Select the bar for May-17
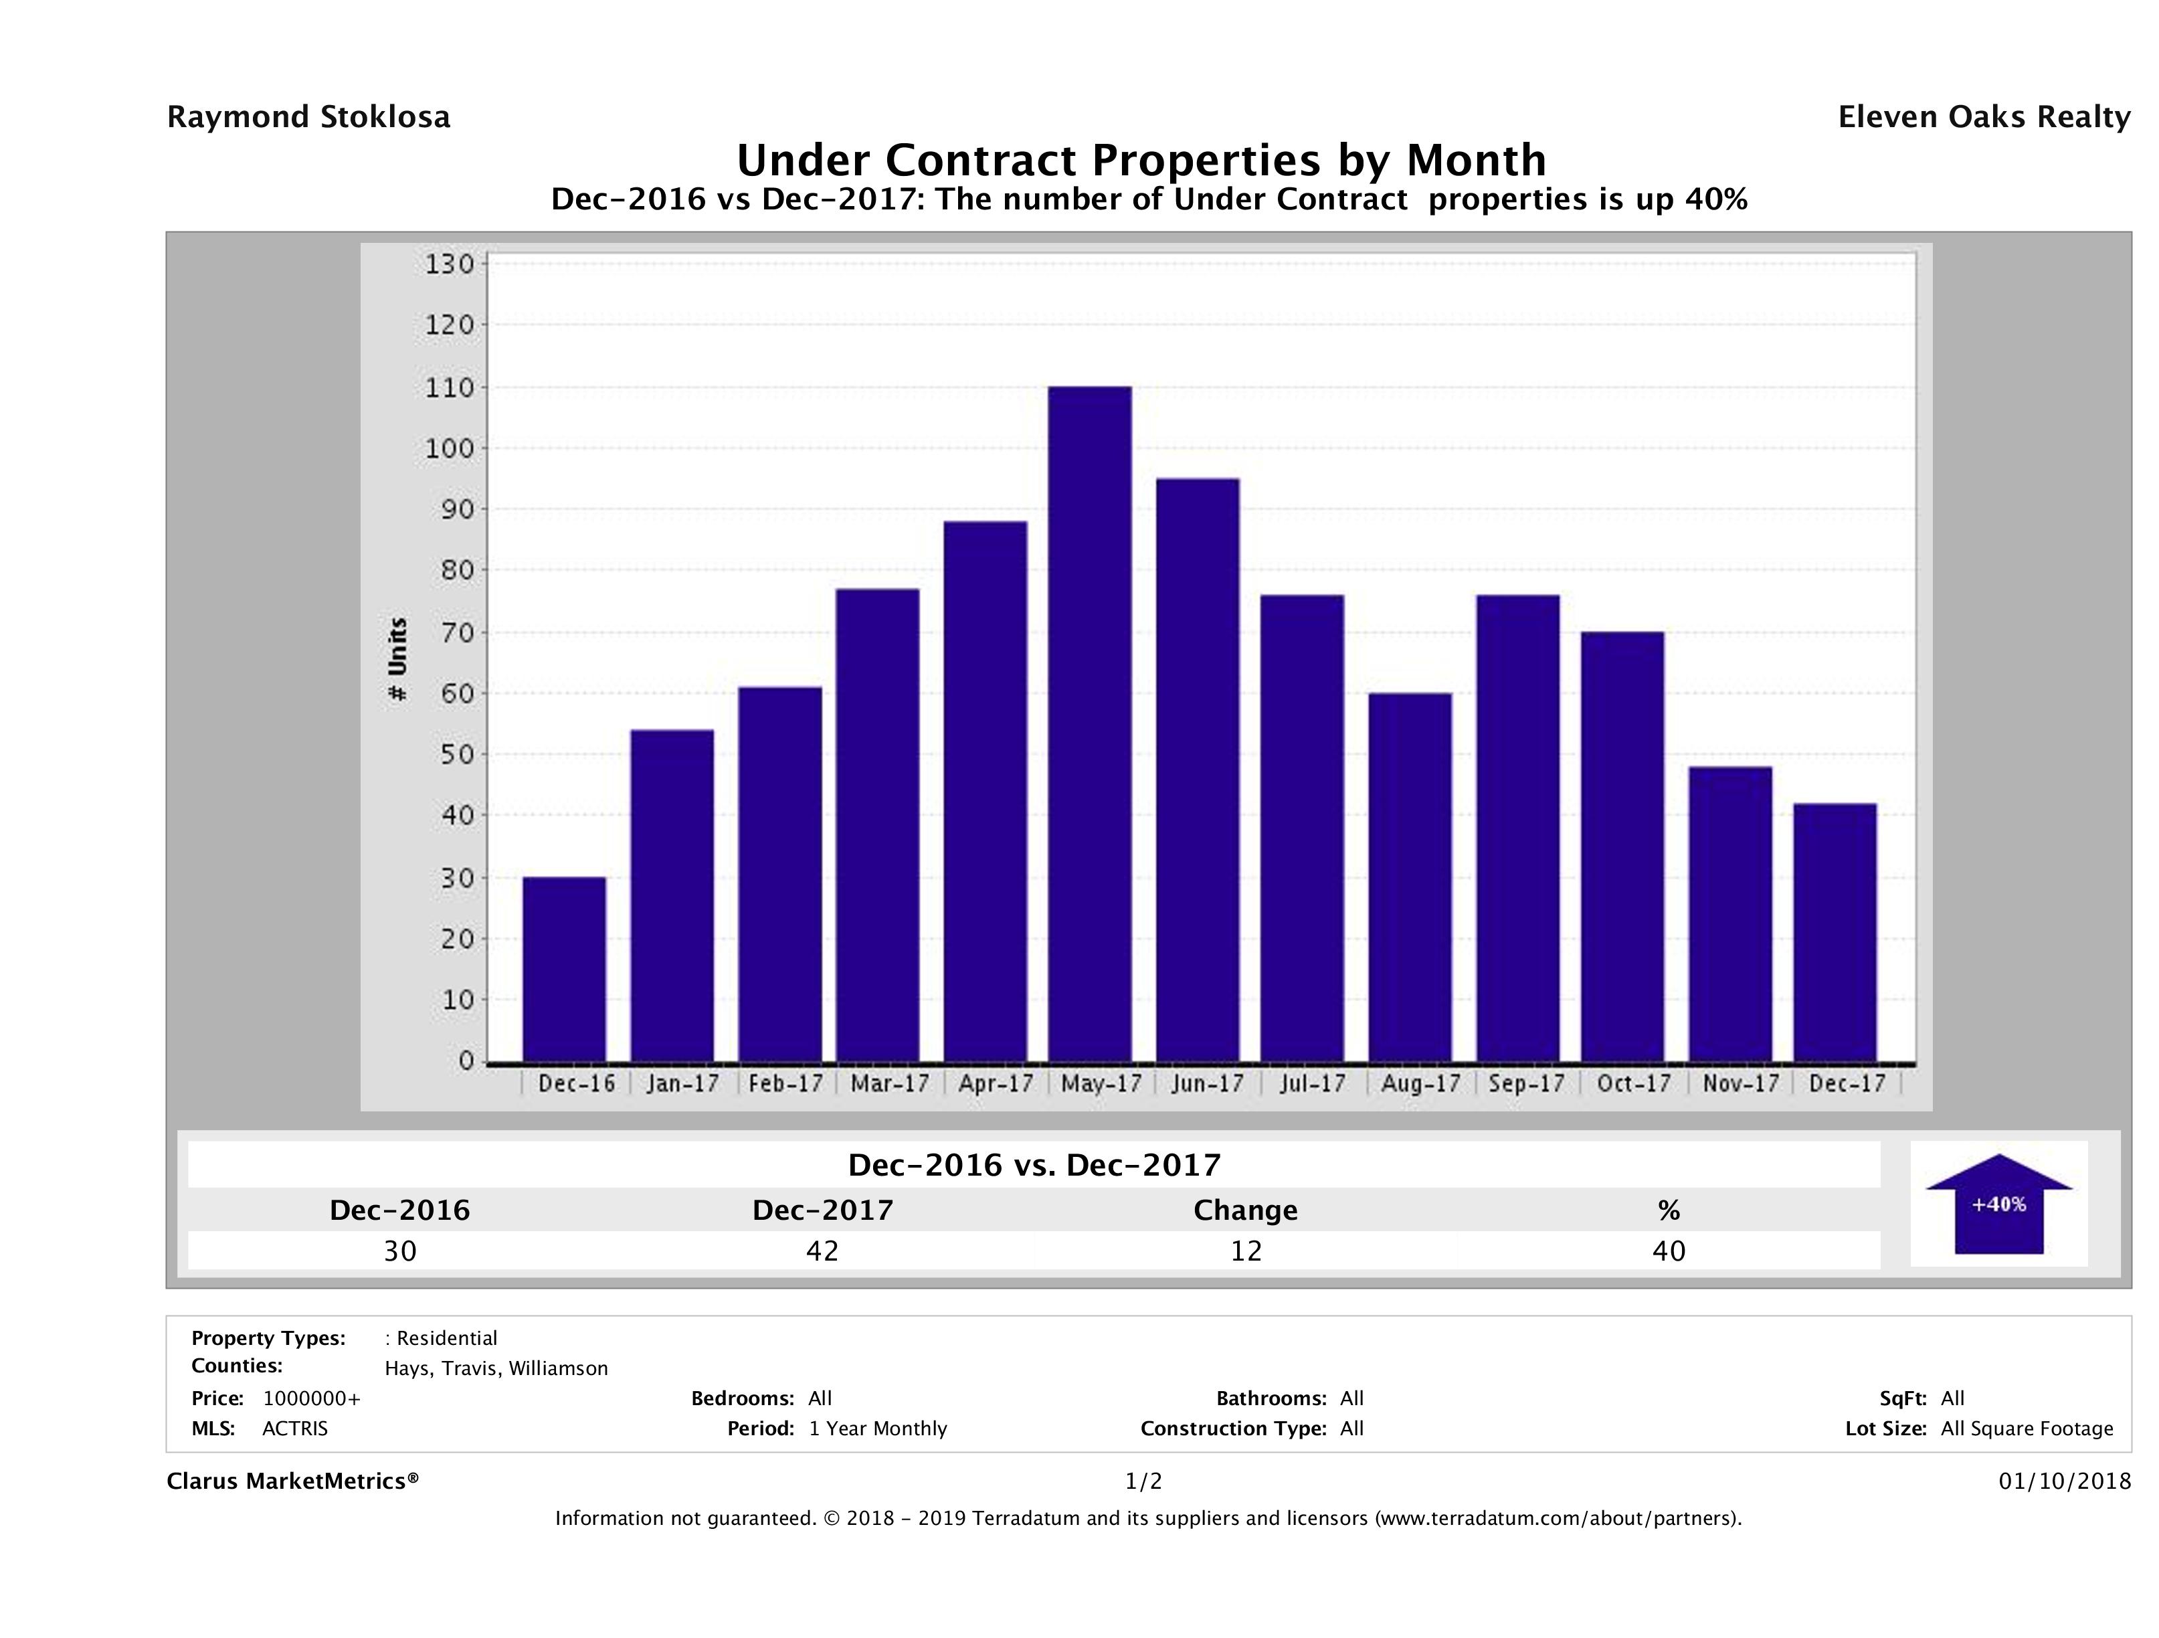(x=1091, y=723)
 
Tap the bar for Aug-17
(x=1410, y=877)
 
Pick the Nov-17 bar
(x=1729, y=914)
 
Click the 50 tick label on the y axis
(x=451, y=755)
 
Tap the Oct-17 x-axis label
(x=1634, y=1083)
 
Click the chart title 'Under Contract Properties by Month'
(x=1141, y=160)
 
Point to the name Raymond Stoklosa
(x=308, y=117)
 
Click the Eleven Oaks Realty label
(x=1983, y=117)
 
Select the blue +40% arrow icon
(x=1998, y=1204)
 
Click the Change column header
(x=1246, y=1210)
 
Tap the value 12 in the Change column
(x=1246, y=1251)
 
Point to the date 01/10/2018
(x=2064, y=1482)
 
